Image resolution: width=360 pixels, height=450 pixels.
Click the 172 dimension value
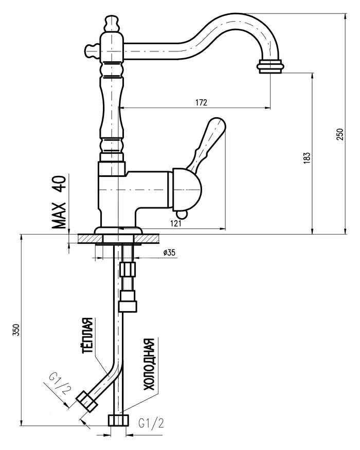click(201, 102)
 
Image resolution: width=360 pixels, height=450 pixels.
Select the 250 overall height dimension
click(339, 134)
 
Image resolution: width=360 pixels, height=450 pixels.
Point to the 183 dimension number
click(307, 158)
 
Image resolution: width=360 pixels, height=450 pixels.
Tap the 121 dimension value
click(176, 223)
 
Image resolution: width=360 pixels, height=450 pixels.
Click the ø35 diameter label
click(169, 253)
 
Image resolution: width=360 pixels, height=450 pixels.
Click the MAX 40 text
click(59, 202)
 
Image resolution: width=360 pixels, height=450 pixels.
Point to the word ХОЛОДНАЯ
click(149, 365)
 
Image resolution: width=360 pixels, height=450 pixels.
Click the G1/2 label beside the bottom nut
click(151, 423)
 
